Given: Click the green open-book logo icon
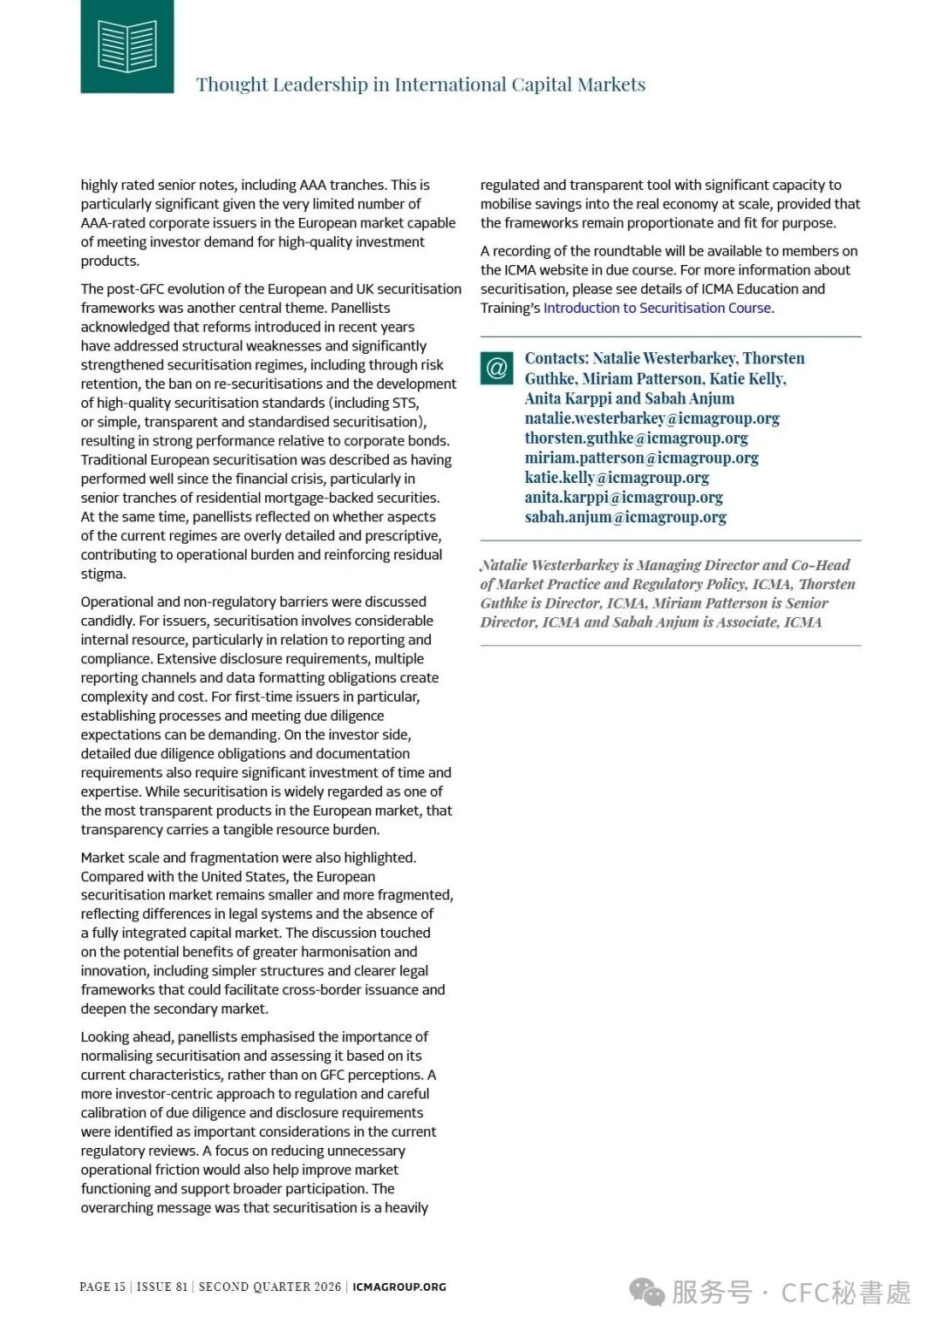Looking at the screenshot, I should coord(127,46).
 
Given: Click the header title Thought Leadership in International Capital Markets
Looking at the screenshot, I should coord(420,85).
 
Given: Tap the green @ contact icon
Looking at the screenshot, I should coord(496,368).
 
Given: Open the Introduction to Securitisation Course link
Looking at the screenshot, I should coord(657,308).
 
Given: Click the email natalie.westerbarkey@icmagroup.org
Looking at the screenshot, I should coord(652,418).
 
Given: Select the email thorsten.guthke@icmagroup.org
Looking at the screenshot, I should coord(636,438).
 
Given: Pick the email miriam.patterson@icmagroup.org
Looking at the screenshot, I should coord(641,458).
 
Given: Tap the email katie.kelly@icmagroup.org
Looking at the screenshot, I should coord(617,478).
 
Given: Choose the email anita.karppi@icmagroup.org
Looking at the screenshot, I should coord(624,498).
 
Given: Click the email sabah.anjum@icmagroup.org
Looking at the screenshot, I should coord(625,517).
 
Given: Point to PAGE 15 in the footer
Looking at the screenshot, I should coord(102,1287).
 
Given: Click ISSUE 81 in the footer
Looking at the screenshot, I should coord(161,1287).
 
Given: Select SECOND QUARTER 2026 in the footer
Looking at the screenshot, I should coord(270,1287).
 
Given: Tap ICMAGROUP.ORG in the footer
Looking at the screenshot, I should coord(399,1287).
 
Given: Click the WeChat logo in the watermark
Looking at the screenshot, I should coord(647,1292).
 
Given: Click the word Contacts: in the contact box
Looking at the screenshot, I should coord(556,358).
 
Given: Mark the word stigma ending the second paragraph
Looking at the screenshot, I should coord(102,574).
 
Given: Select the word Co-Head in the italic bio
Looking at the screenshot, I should coord(820,565).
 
